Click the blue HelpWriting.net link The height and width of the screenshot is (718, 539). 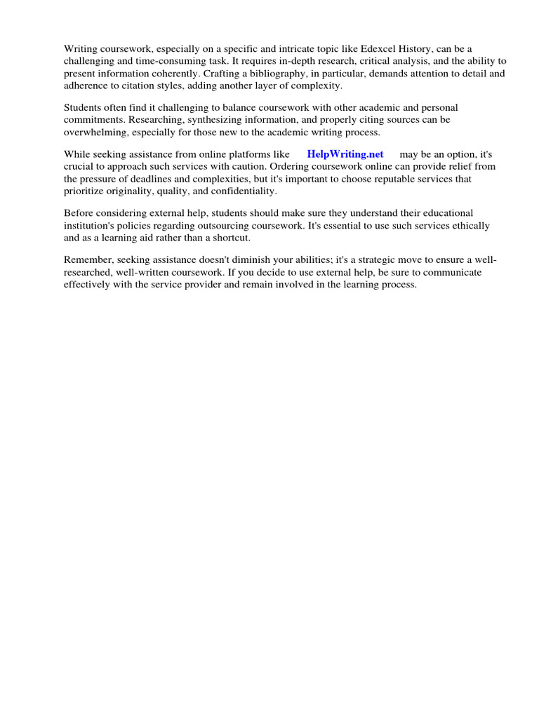point(345,154)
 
